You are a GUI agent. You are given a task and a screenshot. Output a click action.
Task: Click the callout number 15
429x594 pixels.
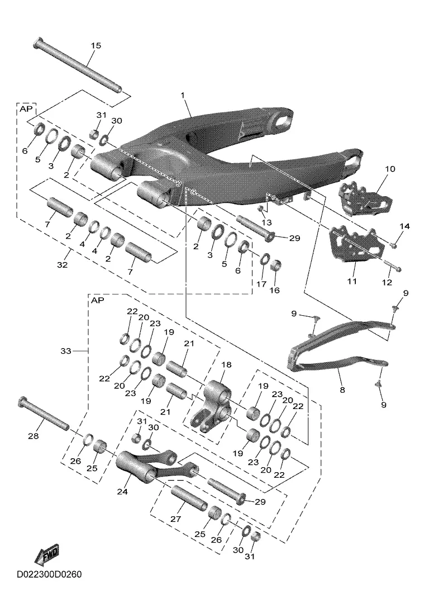tap(96, 45)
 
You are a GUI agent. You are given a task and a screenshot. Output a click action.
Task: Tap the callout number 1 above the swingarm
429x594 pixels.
tap(183, 95)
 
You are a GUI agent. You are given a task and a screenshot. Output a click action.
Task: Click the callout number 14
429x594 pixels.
tap(404, 226)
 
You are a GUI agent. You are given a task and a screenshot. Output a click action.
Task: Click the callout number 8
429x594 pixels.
tap(342, 390)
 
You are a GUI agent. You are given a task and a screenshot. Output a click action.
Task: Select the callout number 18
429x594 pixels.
tap(226, 365)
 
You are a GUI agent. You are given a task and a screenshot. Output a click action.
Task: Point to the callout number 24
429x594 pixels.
tap(122, 492)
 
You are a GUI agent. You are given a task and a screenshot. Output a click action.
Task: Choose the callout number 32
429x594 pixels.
tap(62, 265)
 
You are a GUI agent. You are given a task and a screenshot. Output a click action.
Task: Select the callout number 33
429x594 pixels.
tap(66, 351)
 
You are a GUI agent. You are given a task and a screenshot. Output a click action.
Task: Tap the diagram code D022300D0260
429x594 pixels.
tap(49, 574)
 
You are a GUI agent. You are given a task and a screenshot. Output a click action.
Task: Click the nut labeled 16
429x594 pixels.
tap(276, 265)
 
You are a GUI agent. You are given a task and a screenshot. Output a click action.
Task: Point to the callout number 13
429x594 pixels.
tap(267, 222)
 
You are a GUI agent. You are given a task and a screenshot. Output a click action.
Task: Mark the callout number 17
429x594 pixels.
tap(261, 284)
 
